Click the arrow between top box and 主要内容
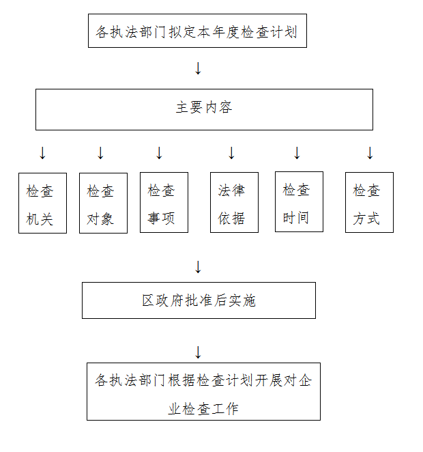(198, 68)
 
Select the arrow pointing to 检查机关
(42, 153)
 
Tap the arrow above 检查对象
(100, 153)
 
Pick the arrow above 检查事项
(159, 153)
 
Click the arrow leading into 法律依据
(231, 153)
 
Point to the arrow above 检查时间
(297, 153)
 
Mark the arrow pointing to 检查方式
(370, 153)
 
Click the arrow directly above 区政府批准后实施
(198, 267)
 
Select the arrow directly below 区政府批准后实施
(198, 352)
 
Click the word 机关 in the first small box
(40, 219)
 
